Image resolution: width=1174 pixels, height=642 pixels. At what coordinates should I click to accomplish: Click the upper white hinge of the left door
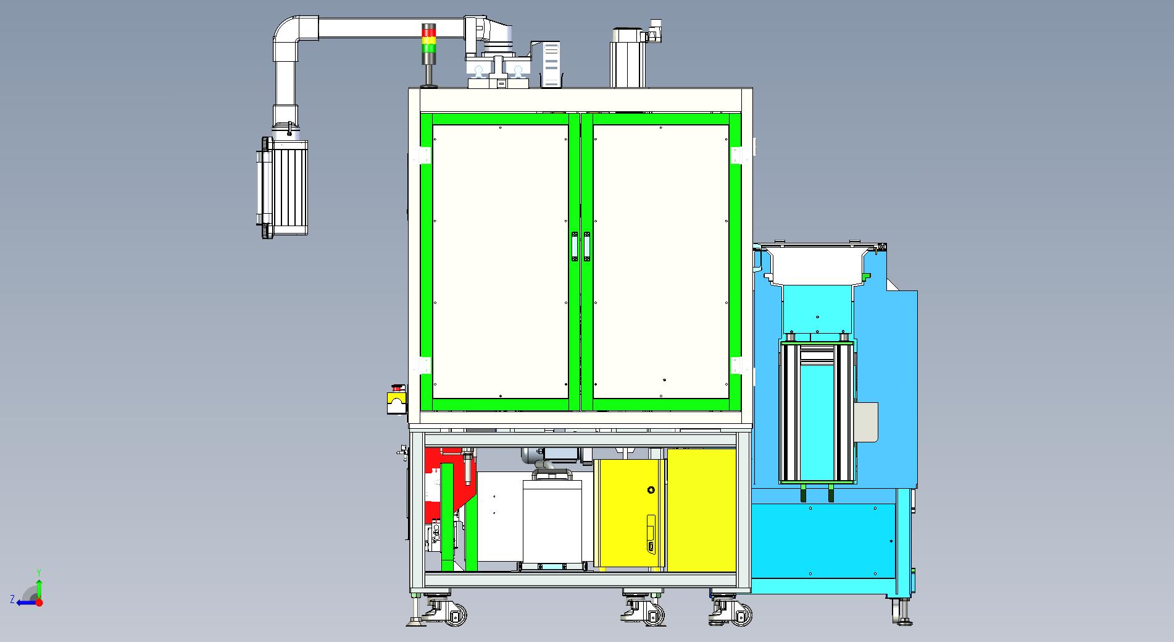425,156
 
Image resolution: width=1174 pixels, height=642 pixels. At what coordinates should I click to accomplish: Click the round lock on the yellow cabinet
650,491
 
